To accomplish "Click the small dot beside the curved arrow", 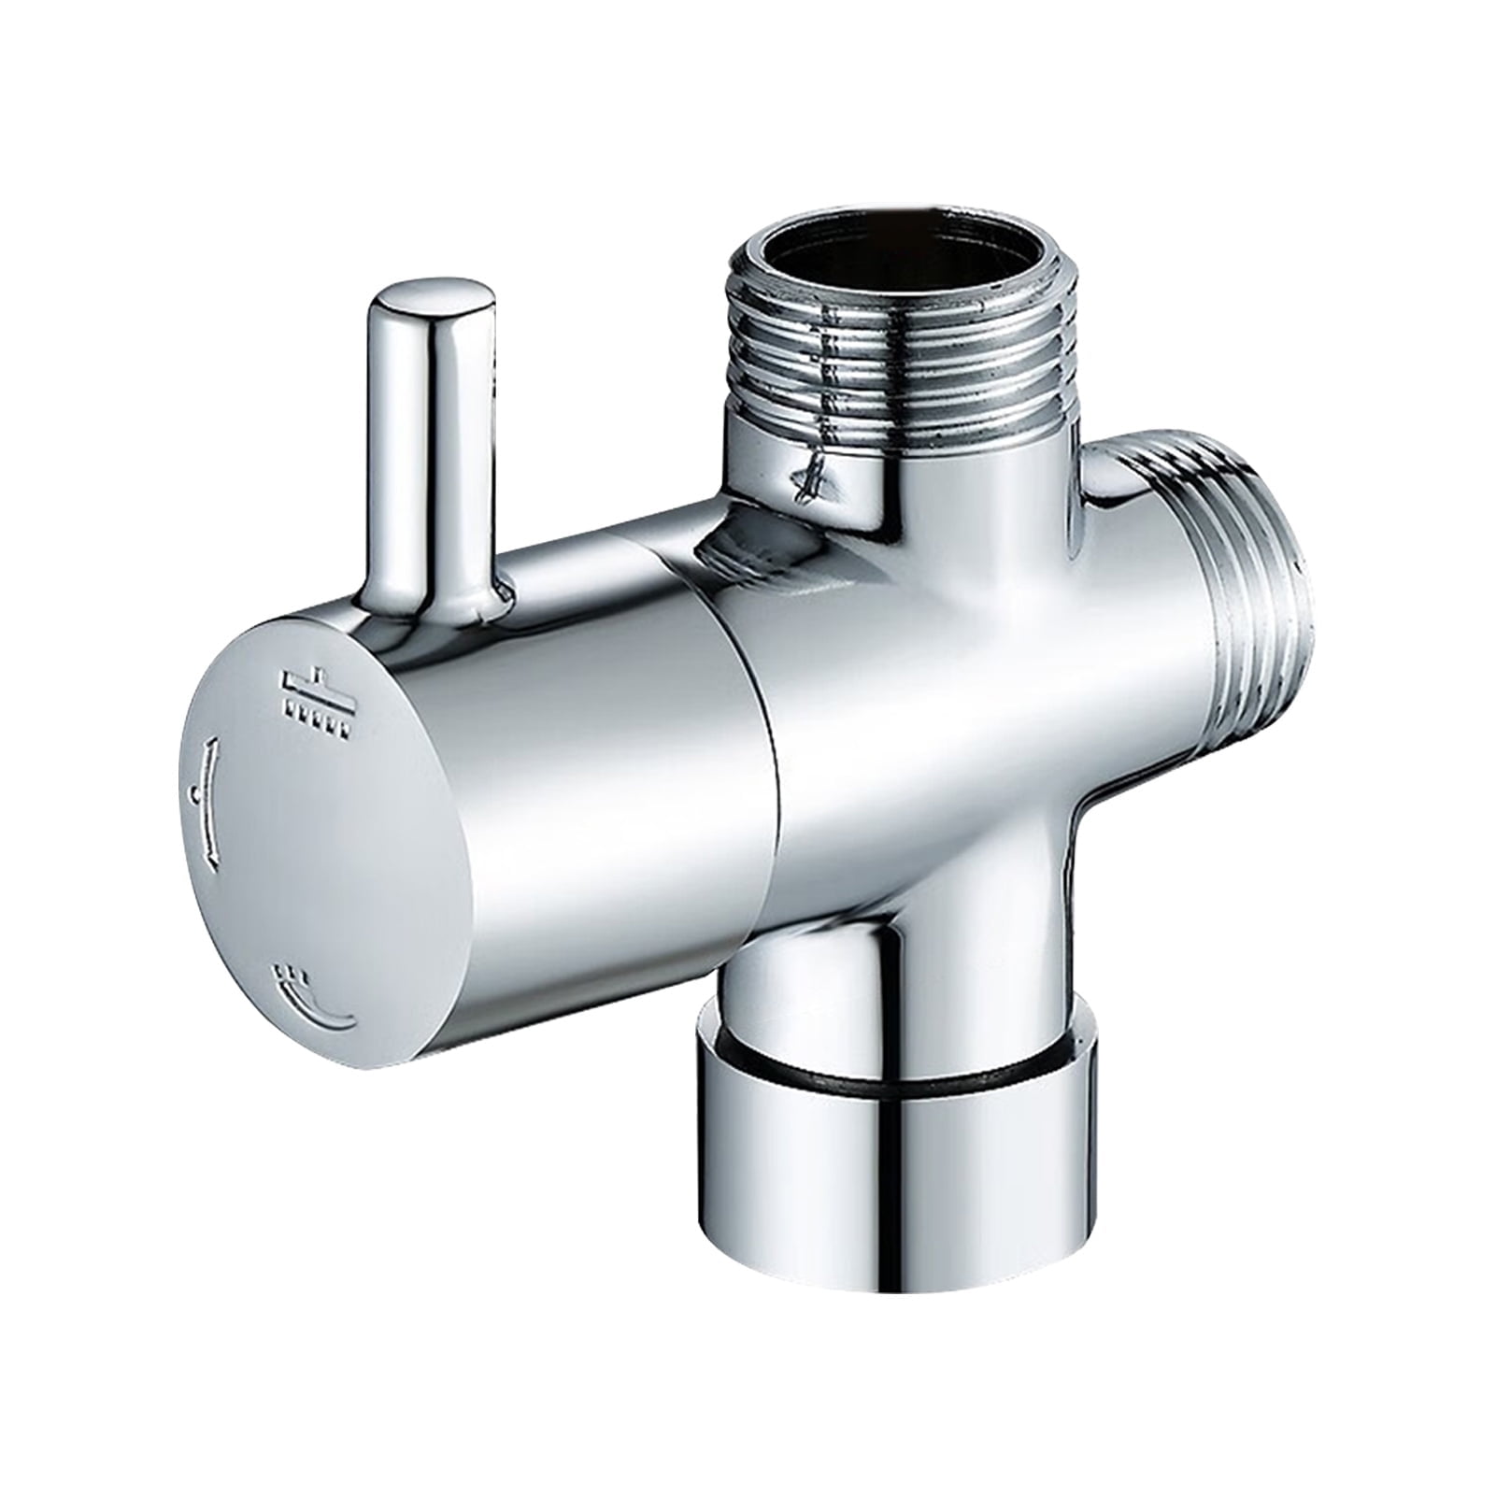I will (x=193, y=794).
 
